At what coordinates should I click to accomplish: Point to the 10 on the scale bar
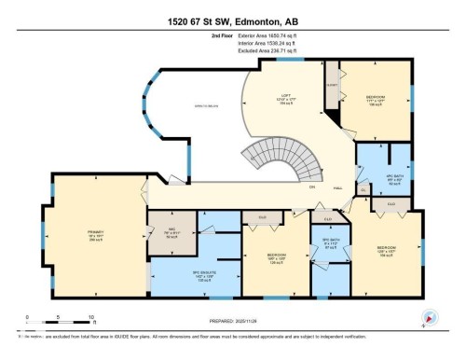tap(91, 318)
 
